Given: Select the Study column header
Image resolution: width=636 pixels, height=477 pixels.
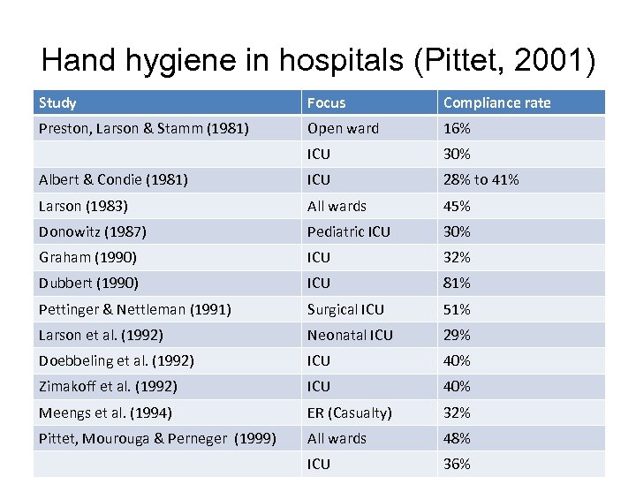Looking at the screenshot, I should (57, 102).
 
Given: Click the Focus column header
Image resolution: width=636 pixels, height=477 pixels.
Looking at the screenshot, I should (327, 102).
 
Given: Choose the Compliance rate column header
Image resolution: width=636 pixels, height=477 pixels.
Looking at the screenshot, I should (496, 102).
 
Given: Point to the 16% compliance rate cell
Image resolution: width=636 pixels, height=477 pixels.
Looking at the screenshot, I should (457, 128).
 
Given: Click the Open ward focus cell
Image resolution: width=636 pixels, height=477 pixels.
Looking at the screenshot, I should (343, 128).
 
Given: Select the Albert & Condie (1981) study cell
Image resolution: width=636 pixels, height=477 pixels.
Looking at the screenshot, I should (113, 179).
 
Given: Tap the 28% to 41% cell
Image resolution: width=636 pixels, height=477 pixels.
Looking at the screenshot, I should (481, 179).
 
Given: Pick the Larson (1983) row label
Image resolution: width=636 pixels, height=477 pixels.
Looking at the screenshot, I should (83, 206).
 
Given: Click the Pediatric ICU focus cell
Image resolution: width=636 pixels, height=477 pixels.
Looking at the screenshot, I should (349, 231).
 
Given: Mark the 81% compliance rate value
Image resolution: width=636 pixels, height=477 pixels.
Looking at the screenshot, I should (457, 283).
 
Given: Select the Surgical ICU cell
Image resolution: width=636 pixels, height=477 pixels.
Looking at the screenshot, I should (345, 309).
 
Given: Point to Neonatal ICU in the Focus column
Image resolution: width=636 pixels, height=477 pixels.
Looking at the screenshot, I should (350, 335).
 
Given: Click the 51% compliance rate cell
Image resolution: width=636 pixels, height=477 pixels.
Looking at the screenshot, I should (457, 309).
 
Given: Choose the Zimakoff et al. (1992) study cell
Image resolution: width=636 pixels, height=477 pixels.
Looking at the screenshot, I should (108, 386).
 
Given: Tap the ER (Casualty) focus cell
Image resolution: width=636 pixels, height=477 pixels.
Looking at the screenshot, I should (349, 413).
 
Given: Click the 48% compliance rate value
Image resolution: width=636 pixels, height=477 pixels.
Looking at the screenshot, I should (457, 438).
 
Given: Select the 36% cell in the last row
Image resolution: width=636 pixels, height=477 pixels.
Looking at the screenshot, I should (457, 464).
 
